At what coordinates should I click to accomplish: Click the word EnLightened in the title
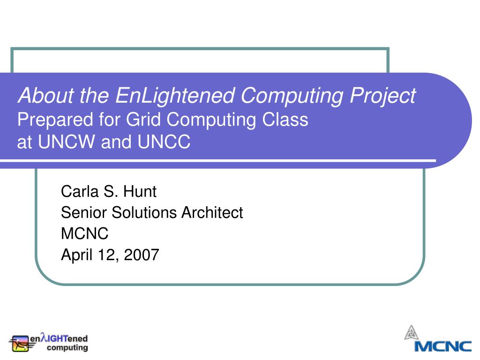coord(175,96)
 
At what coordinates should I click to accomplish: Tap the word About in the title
coord(46,95)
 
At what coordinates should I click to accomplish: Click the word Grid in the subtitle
coord(143,120)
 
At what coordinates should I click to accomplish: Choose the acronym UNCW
coord(67,142)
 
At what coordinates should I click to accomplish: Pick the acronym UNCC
coord(164,142)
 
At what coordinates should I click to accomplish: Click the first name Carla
coord(80,192)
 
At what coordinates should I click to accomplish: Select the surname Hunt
coord(140,192)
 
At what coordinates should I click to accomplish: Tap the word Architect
coord(212,212)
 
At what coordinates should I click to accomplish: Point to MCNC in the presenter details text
coord(85,233)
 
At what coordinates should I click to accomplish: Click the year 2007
coord(142,255)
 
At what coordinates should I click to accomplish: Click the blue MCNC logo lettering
coord(443,346)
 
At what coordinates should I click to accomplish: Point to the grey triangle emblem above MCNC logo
coord(412,333)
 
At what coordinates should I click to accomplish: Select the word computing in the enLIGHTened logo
coord(67,348)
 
